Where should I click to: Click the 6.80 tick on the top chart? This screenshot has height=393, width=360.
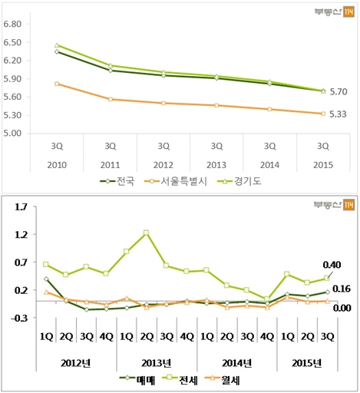coord(14,24)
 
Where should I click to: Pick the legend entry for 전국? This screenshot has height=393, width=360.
coord(119,181)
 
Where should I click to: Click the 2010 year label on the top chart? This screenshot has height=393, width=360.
coord(56,165)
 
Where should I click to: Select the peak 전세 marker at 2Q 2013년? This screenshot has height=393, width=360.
coord(146,233)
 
